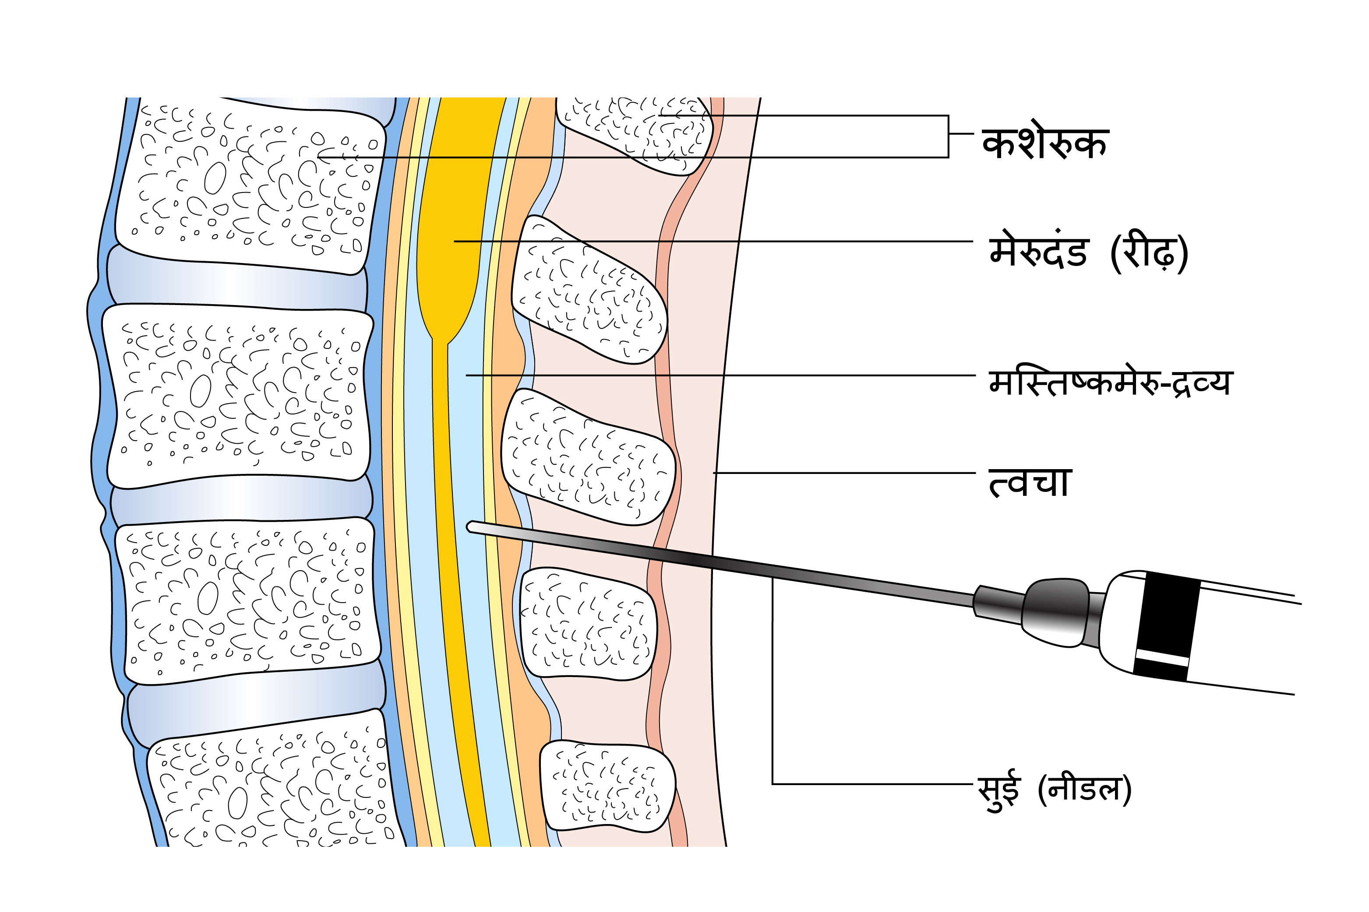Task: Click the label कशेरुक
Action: click(1045, 143)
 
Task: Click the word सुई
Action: click(999, 789)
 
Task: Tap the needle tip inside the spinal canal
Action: click(472, 527)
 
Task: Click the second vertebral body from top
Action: click(236, 396)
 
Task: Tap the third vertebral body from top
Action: click(247, 599)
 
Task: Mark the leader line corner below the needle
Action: click(773, 784)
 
